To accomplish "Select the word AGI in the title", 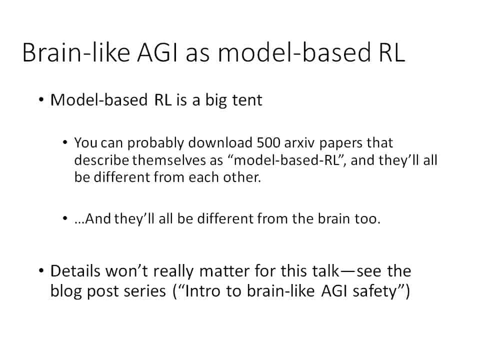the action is coord(157,52).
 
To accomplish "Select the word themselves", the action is coord(169,160).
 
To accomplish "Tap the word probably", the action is coord(155,143).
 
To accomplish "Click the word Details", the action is coord(75,271).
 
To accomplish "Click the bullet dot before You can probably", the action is coord(64,142).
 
